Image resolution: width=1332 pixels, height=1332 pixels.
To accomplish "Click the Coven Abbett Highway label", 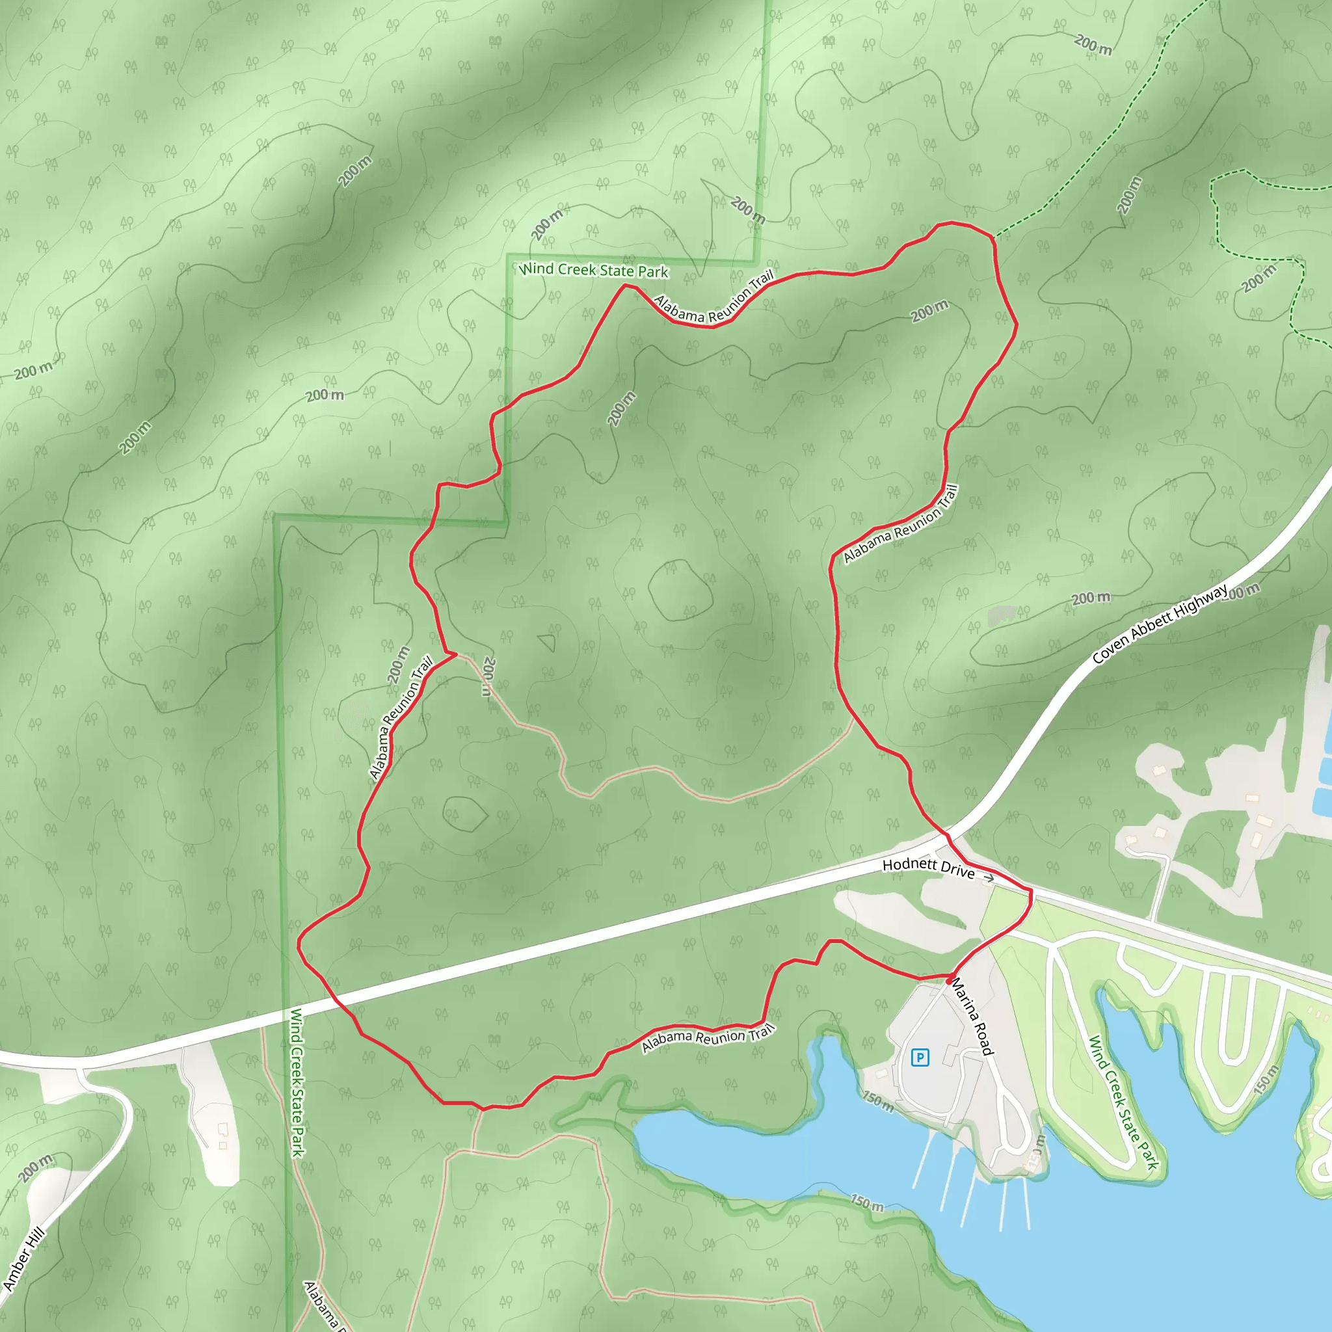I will (x=1160, y=624).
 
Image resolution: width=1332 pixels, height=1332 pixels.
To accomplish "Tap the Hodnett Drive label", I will (x=928, y=868).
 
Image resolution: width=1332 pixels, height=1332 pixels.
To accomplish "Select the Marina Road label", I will (x=973, y=1018).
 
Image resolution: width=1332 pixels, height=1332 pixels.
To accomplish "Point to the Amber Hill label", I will (x=23, y=1259).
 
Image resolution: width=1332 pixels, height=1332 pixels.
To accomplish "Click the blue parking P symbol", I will (x=920, y=1058).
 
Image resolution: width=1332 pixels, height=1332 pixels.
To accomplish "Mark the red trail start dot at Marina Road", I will (x=950, y=980).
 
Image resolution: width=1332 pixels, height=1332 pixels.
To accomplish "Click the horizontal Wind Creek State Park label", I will (x=594, y=271).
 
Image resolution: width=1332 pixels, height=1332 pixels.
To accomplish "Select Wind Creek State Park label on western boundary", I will (x=297, y=1082).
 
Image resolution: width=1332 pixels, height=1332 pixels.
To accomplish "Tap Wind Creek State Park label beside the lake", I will (x=1123, y=1104).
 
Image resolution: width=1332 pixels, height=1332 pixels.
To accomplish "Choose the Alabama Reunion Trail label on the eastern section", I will (x=900, y=525).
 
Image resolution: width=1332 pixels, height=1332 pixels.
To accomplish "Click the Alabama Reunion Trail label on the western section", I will (x=401, y=718).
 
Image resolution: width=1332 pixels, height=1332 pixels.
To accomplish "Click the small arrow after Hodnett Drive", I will (x=989, y=878).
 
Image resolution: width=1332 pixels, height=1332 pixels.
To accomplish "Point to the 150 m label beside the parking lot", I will (x=878, y=1101).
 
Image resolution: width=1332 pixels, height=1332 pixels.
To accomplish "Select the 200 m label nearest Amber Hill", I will (x=36, y=1168).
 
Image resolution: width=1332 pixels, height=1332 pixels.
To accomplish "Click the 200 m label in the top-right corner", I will (x=1093, y=46).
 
